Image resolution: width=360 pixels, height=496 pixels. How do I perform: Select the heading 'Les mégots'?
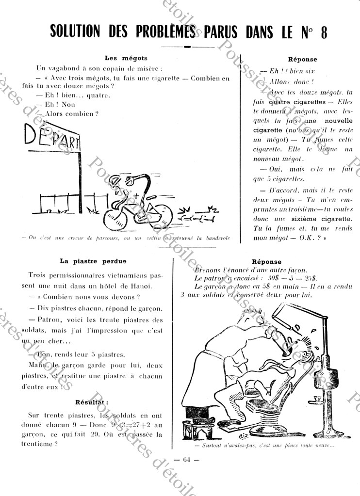pyautogui.click(x=126, y=58)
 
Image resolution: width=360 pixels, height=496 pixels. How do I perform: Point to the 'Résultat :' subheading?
pyautogui.click(x=92, y=402)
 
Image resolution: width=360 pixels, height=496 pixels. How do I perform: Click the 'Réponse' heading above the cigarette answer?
pyautogui.click(x=302, y=59)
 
